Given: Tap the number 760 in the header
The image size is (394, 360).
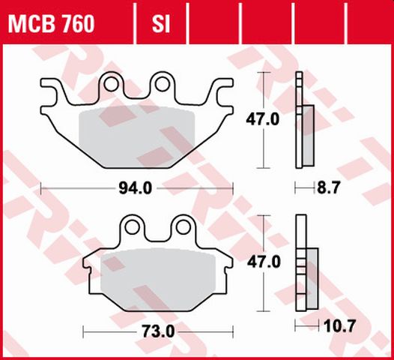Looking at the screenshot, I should coord(78,25).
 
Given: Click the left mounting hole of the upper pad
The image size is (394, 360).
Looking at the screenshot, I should coord(112,85).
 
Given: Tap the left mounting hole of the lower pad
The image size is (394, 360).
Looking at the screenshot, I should coord(133,226).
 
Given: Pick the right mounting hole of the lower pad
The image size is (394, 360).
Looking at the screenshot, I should coord(182,226).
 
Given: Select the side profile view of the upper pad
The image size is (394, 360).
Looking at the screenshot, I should coord(303,120).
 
